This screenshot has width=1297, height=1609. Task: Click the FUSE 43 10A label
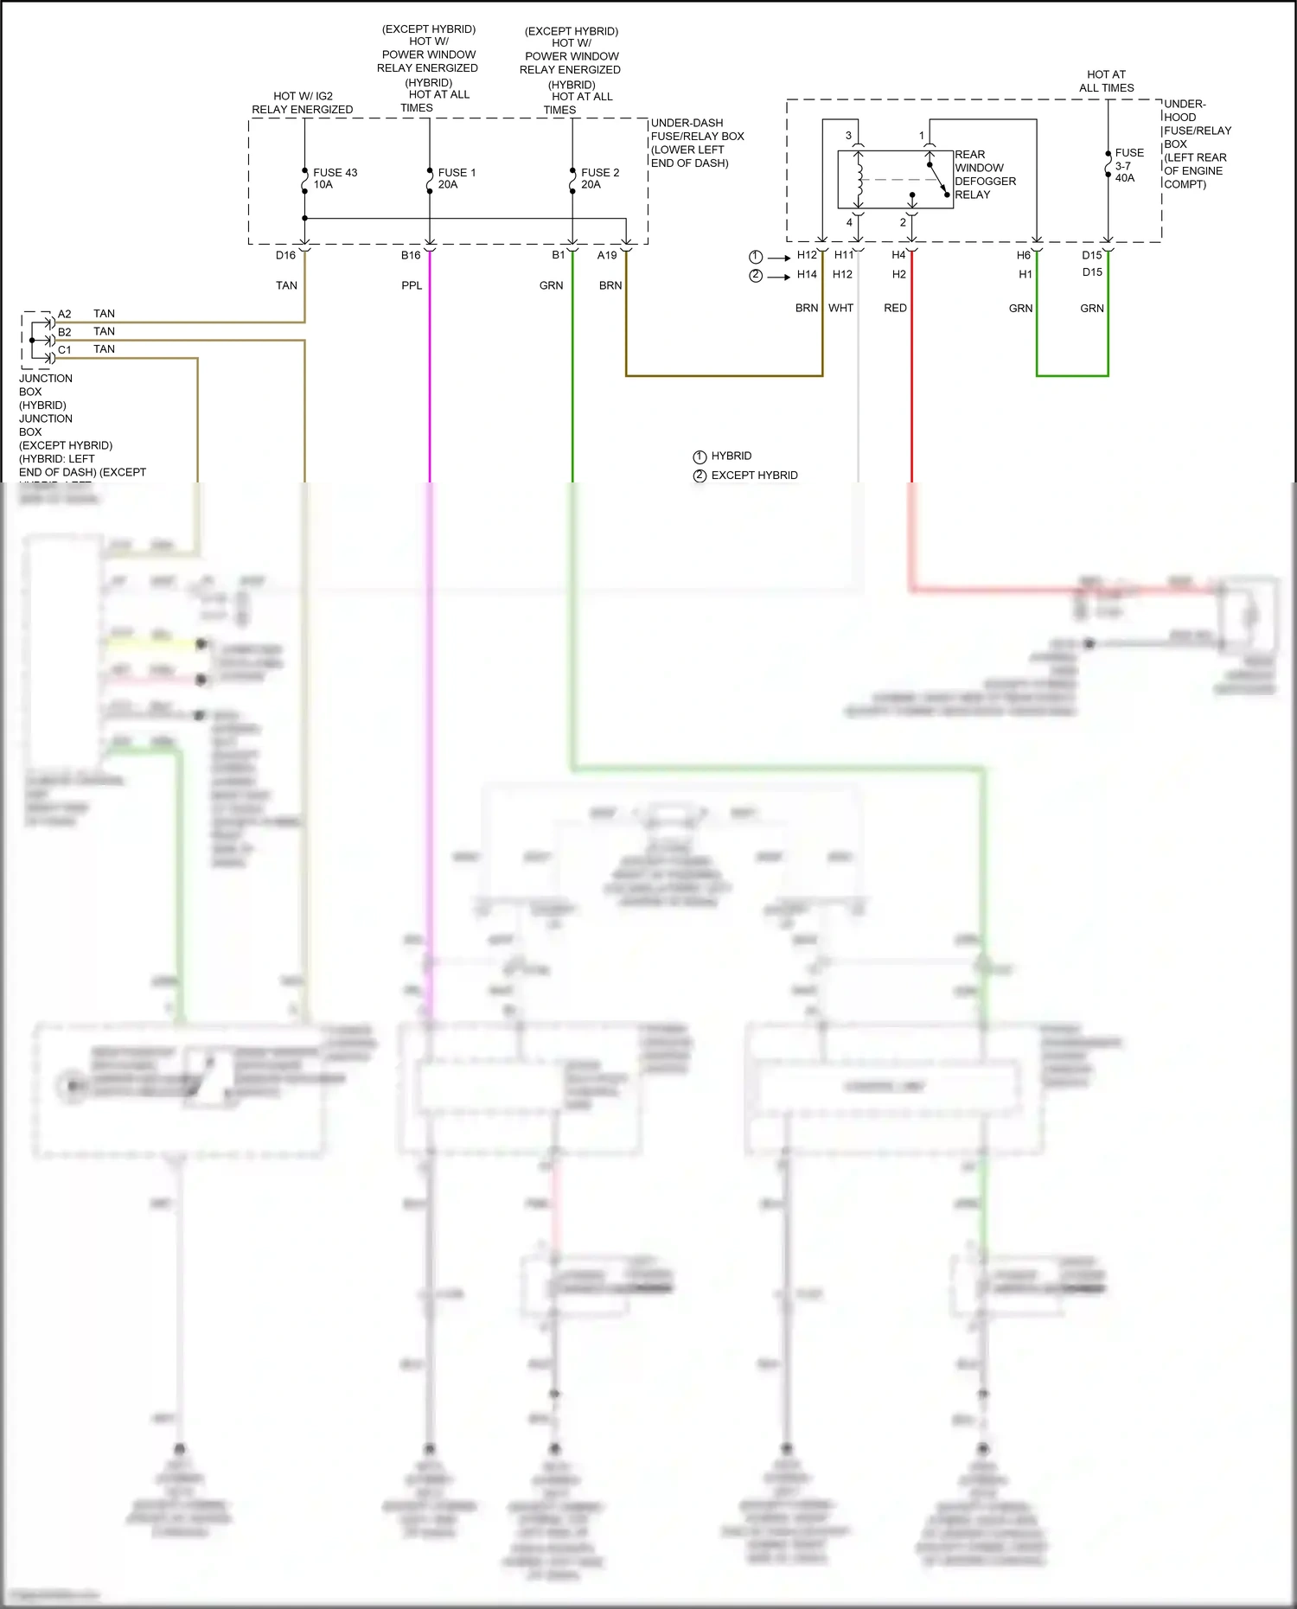coord(334,178)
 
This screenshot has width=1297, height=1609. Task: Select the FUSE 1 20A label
coord(456,178)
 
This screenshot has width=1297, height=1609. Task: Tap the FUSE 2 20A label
coord(599,178)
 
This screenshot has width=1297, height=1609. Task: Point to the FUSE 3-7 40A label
coord(1128,165)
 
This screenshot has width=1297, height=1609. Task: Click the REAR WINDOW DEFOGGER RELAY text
coord(985,175)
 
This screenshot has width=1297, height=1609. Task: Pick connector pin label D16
coord(285,255)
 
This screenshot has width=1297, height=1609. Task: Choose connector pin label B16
coord(411,255)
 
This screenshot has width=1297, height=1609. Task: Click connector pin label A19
coord(607,255)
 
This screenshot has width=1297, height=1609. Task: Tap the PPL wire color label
coord(412,285)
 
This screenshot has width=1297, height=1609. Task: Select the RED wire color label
coord(895,308)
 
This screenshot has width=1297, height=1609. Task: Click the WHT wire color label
coord(840,308)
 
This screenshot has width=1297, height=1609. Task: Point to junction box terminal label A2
coord(65,314)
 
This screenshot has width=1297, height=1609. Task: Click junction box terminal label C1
coord(65,350)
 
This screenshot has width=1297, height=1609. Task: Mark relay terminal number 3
coord(848,136)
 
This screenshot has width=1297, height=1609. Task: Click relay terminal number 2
coord(903,222)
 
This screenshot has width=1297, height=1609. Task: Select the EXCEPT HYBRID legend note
coord(753,476)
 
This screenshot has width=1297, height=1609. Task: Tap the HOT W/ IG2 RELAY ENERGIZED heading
coord(302,103)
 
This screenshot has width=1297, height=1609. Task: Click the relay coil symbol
coord(859,180)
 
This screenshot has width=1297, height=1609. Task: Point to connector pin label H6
coord(1023,255)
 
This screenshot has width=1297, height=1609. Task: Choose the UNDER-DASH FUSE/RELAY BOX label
coord(696,143)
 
